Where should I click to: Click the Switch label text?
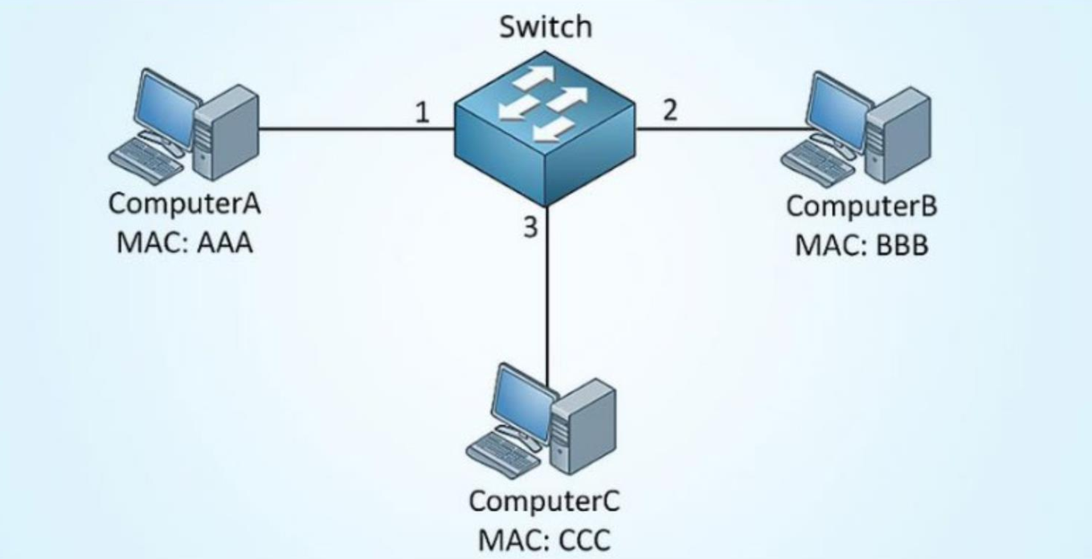coord(546,27)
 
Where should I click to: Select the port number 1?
coord(422,114)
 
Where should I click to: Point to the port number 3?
coord(529,227)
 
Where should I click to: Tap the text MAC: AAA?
coord(184,242)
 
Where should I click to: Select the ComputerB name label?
coord(861,206)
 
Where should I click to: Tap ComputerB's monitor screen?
coord(838,108)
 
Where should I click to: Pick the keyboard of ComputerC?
coord(502,455)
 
